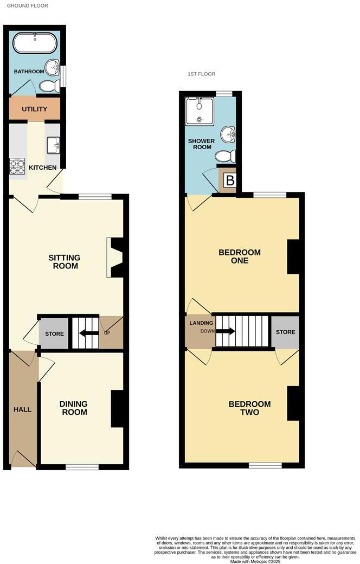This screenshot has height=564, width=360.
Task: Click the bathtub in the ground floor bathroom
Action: pyautogui.click(x=35, y=43)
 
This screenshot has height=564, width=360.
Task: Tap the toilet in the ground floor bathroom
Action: pyautogui.click(x=50, y=86)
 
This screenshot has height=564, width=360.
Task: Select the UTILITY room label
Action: pyautogui.click(x=35, y=109)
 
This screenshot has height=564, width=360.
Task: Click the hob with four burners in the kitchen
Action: pyautogui.click(x=17, y=166)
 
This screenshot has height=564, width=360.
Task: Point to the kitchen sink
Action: pyautogui.click(x=53, y=145)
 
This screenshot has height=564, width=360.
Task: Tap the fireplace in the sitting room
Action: pyautogui.click(x=116, y=258)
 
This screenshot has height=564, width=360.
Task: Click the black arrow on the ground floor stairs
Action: pyautogui.click(x=86, y=334)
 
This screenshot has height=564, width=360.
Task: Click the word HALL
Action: pyautogui.click(x=22, y=409)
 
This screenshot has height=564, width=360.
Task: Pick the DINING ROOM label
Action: pyautogui.click(x=74, y=408)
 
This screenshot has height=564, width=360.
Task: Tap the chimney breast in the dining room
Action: pyautogui.click(x=117, y=408)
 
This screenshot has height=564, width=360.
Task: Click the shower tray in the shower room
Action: pyautogui.click(x=200, y=111)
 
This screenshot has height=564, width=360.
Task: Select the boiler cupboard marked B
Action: pyautogui.click(x=230, y=181)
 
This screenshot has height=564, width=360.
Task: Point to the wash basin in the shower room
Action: pyautogui.click(x=229, y=133)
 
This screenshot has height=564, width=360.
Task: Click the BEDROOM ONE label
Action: pyautogui.click(x=239, y=256)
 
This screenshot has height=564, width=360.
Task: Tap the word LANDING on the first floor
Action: pyautogui.click(x=197, y=323)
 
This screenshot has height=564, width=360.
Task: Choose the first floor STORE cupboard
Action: pyautogui.click(x=285, y=332)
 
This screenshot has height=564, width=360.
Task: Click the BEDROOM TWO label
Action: pyautogui.click(x=249, y=408)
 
